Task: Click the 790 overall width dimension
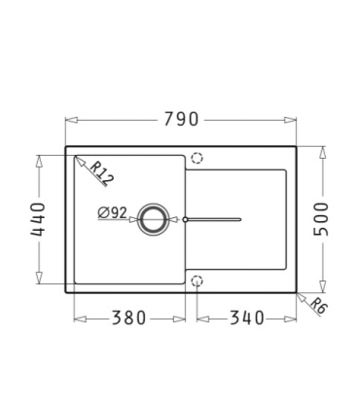pos(181,119)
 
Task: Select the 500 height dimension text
pos(321,219)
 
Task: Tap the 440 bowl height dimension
pos(37,219)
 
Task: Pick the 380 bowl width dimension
pos(128,318)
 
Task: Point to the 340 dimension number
pos(247,318)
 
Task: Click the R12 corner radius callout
pos(101,173)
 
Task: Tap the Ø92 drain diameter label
pos(112,213)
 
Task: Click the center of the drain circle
pos(153,219)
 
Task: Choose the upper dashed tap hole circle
pos(197,158)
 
